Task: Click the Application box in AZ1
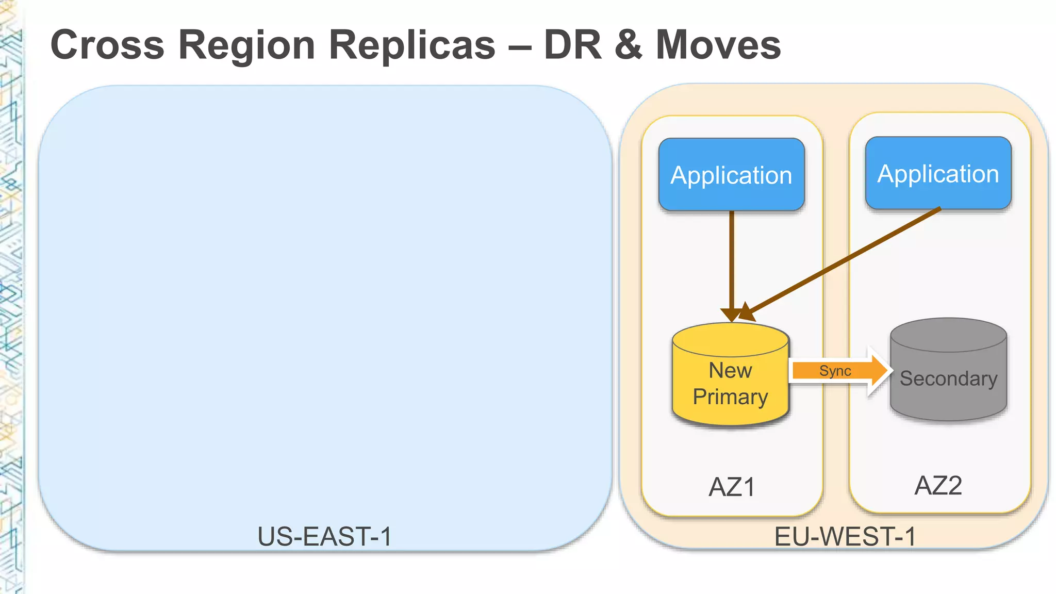[x=731, y=174]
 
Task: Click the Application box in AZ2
[x=938, y=173]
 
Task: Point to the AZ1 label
[x=732, y=487]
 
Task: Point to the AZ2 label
[x=938, y=485]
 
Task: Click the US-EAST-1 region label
[x=324, y=536]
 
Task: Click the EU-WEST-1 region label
[x=845, y=536]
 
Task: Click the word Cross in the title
[x=107, y=45]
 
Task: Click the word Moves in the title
[x=718, y=45]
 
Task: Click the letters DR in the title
[x=572, y=45]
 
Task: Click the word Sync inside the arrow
[x=835, y=371]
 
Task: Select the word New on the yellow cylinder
[x=730, y=370]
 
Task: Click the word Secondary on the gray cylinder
[x=948, y=378]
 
